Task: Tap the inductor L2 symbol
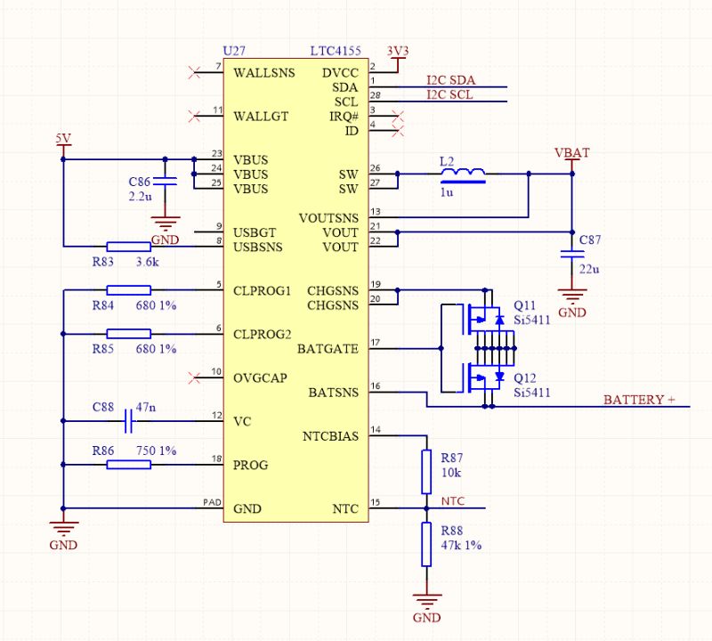tap(463, 174)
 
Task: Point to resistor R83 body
tap(128, 246)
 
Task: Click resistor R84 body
tap(128, 289)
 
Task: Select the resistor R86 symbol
tap(128, 464)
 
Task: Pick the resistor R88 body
tap(427, 544)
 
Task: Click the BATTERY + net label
tap(639, 401)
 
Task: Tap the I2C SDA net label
tap(450, 80)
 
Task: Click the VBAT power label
tap(571, 153)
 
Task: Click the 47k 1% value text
tap(460, 545)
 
